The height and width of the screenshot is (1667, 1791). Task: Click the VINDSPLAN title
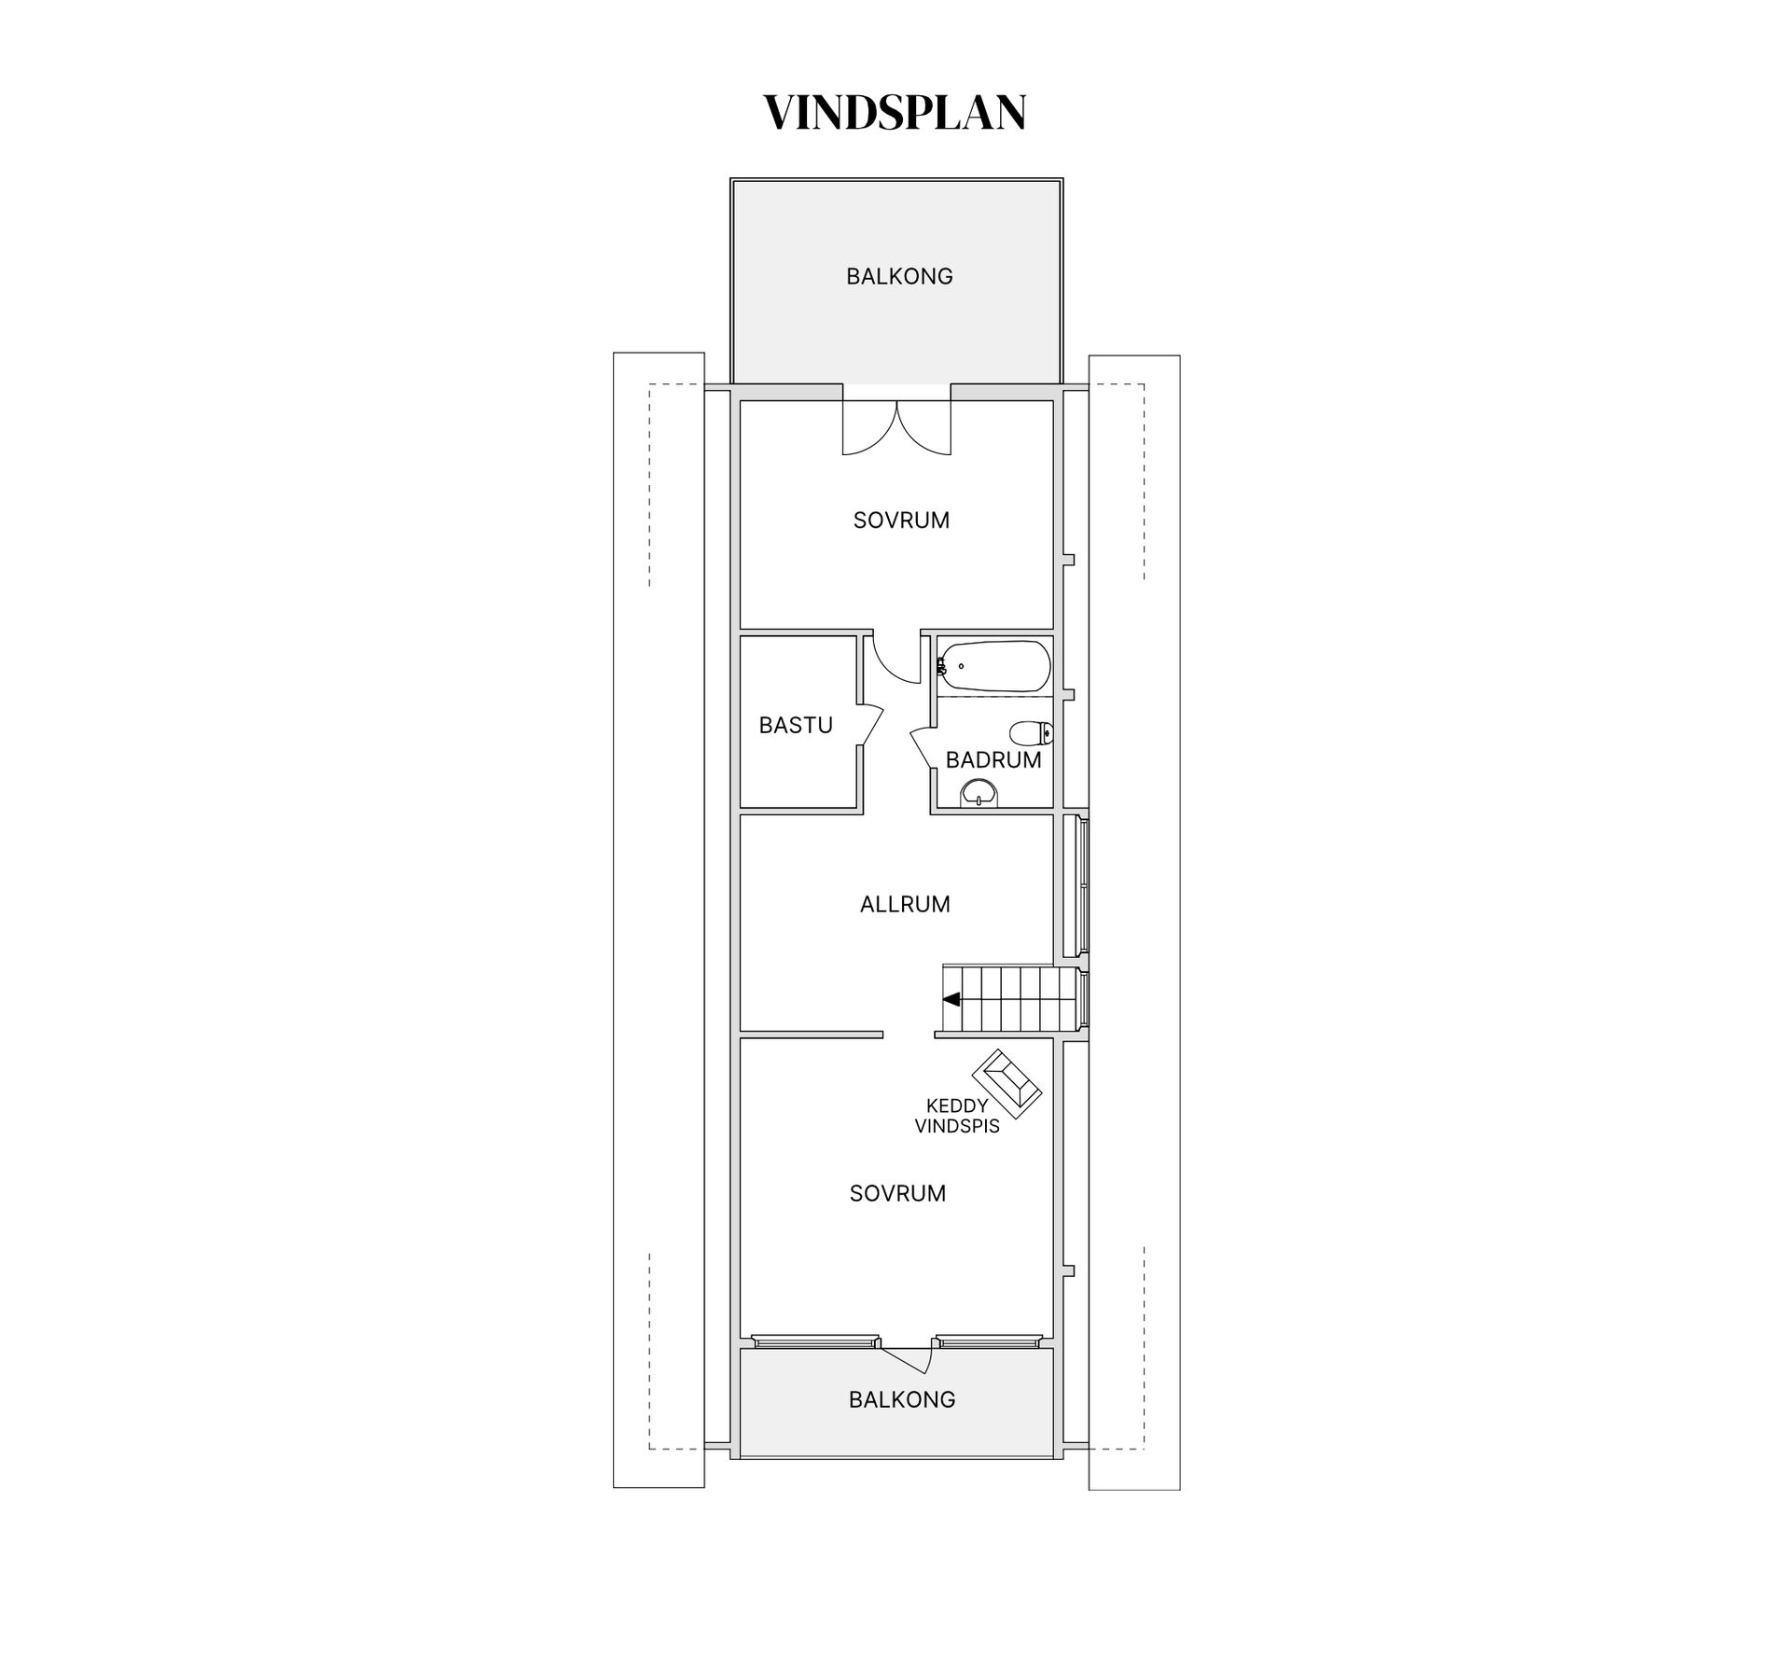[895, 112]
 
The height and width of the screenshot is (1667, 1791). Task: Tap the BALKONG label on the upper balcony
[899, 276]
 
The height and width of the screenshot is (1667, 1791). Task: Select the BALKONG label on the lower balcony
[902, 1399]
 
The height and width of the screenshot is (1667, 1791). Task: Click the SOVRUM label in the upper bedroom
[901, 520]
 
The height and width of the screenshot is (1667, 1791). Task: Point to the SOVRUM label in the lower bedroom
[897, 1193]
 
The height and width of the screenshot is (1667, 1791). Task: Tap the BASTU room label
[796, 725]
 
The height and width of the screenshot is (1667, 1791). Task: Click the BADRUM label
[993, 759]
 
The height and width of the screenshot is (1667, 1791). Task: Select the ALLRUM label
[905, 904]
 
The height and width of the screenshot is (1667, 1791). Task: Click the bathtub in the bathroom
[994, 667]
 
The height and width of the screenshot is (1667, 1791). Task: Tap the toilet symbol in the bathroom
[1032, 733]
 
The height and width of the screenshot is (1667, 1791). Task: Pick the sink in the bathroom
[979, 793]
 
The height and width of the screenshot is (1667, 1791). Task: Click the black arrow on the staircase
[951, 999]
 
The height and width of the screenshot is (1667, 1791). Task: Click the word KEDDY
[957, 1106]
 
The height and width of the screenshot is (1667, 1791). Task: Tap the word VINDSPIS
[957, 1126]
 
